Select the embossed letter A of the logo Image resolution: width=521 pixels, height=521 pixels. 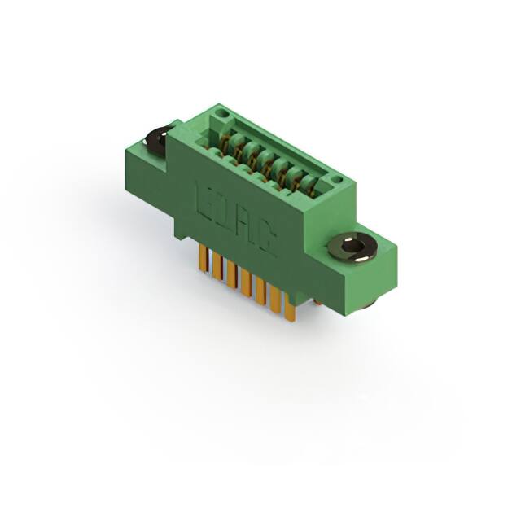pyautogui.click(x=244, y=225)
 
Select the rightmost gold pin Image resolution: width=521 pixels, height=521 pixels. pyautogui.click(x=289, y=309)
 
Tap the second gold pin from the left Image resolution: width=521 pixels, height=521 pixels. pyautogui.click(x=217, y=267)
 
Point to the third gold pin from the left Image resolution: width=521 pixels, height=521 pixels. pyautogui.click(x=231, y=275)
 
